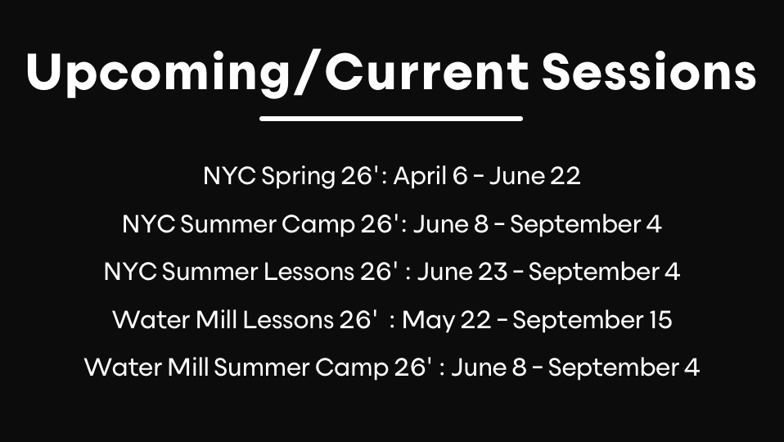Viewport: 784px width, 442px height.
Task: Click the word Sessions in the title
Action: [648, 72]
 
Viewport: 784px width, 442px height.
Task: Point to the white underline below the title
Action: [391, 119]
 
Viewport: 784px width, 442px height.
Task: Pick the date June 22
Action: [534, 176]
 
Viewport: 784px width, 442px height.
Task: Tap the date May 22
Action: [448, 319]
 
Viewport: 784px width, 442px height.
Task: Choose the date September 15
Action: [592, 319]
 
